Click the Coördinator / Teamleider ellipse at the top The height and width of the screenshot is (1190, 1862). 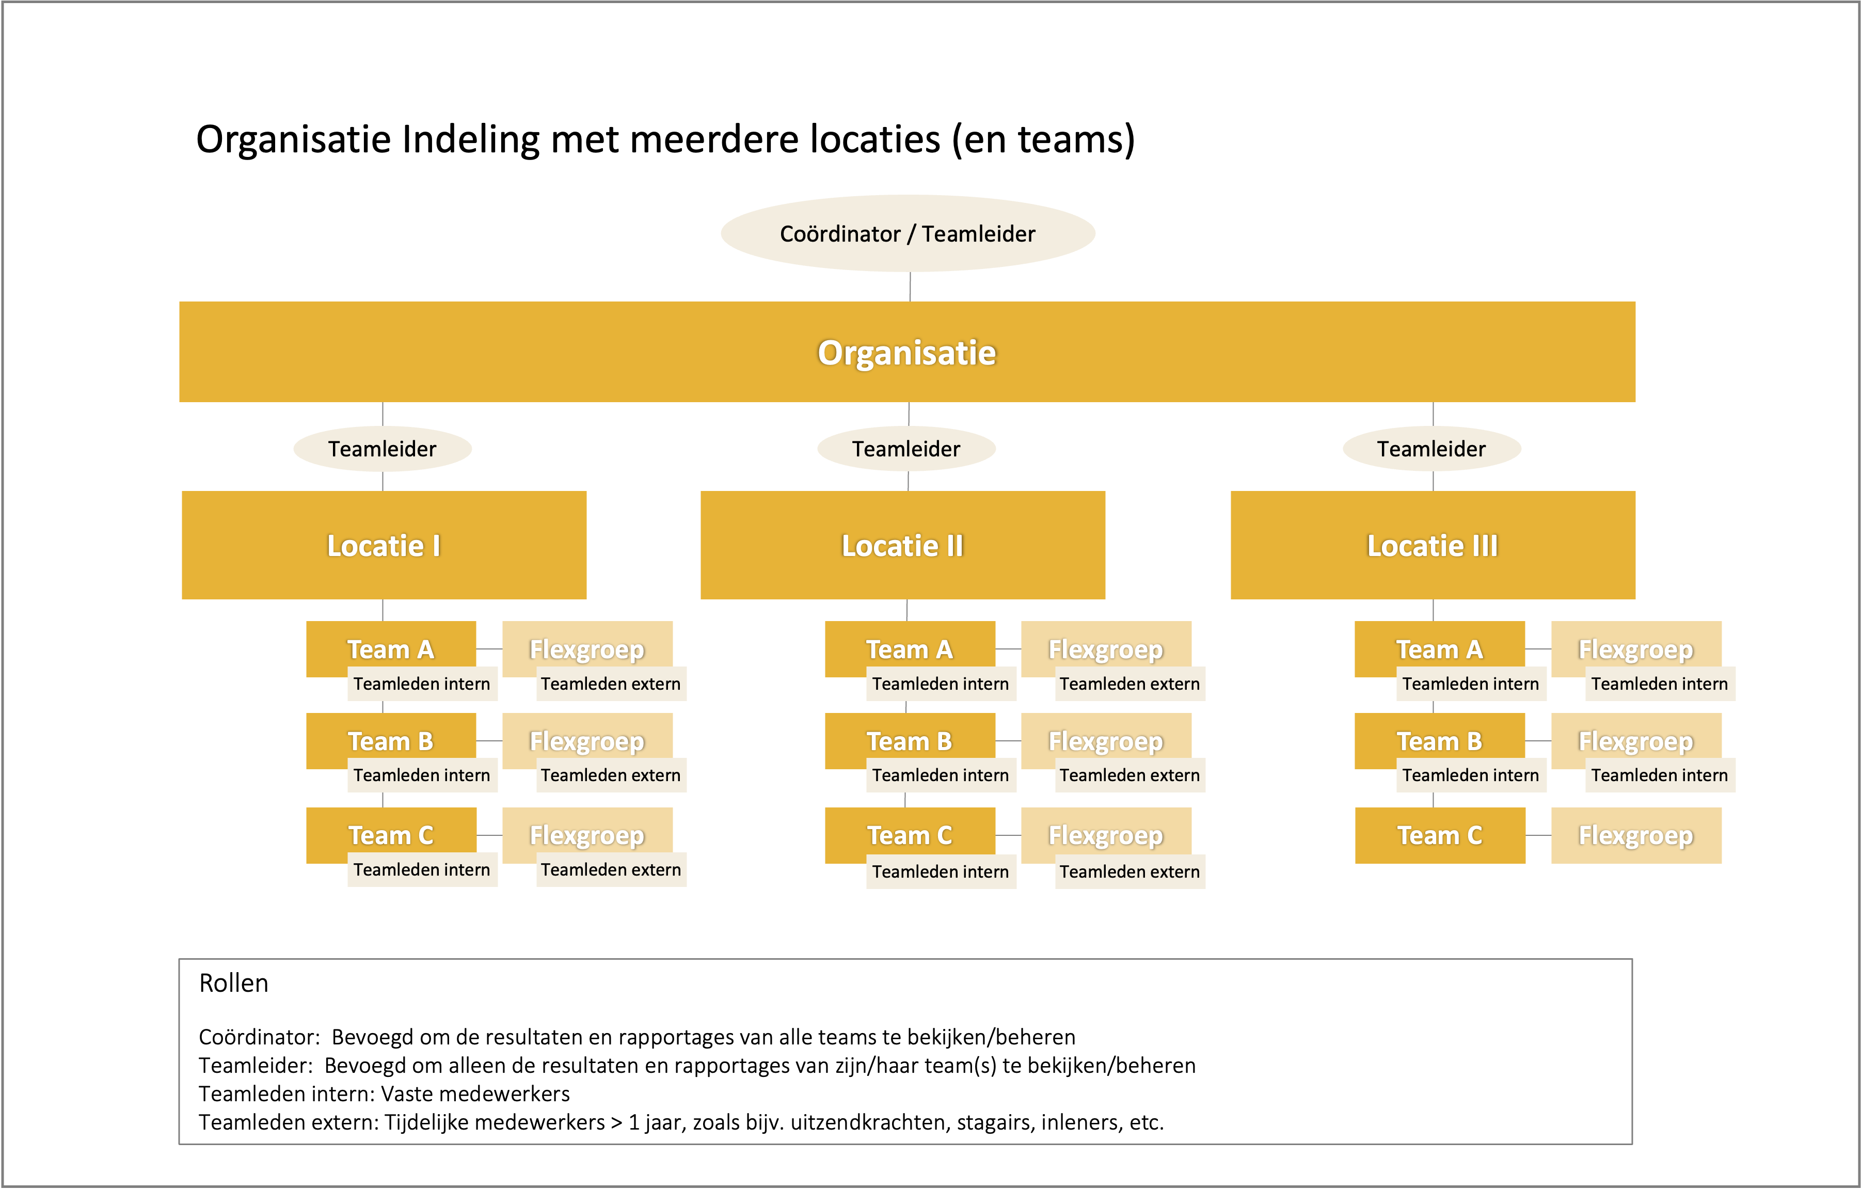(x=908, y=233)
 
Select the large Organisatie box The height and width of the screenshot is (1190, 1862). (x=907, y=352)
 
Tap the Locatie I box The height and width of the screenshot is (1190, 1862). (x=384, y=545)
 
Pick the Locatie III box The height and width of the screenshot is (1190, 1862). (x=1433, y=545)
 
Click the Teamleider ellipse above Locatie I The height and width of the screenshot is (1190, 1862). (x=383, y=449)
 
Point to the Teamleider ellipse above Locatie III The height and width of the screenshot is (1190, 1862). (x=1432, y=449)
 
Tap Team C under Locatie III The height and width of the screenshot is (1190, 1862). (x=1440, y=835)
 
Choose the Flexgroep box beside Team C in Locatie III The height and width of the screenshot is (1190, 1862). (x=1636, y=835)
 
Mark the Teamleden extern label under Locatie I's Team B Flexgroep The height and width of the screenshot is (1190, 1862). (x=611, y=775)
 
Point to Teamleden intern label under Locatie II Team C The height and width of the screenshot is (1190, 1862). (x=940, y=871)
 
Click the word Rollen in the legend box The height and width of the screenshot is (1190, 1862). (x=233, y=983)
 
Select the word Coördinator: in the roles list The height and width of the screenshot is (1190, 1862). (x=259, y=1037)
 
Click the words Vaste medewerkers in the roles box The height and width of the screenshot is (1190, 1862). (x=475, y=1093)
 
